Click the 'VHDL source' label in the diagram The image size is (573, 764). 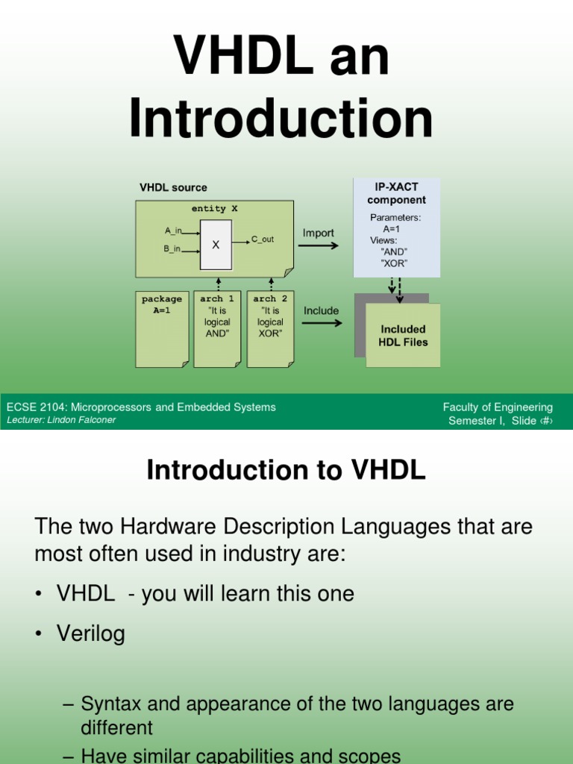(173, 187)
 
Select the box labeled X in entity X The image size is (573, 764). (216, 245)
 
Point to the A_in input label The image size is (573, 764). (173, 231)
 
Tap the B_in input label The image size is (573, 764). (172, 248)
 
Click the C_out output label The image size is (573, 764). (262, 239)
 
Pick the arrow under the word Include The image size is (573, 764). (321, 323)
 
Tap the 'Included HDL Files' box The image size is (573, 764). (403, 335)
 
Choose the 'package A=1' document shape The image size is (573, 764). (162, 328)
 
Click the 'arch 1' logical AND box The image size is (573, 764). (217, 328)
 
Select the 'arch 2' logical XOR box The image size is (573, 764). (270, 328)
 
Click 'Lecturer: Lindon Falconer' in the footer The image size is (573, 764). (61, 420)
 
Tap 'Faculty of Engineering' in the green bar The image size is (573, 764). (498, 407)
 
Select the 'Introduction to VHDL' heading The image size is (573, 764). (286, 471)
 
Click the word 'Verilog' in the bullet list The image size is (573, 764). (91, 634)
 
